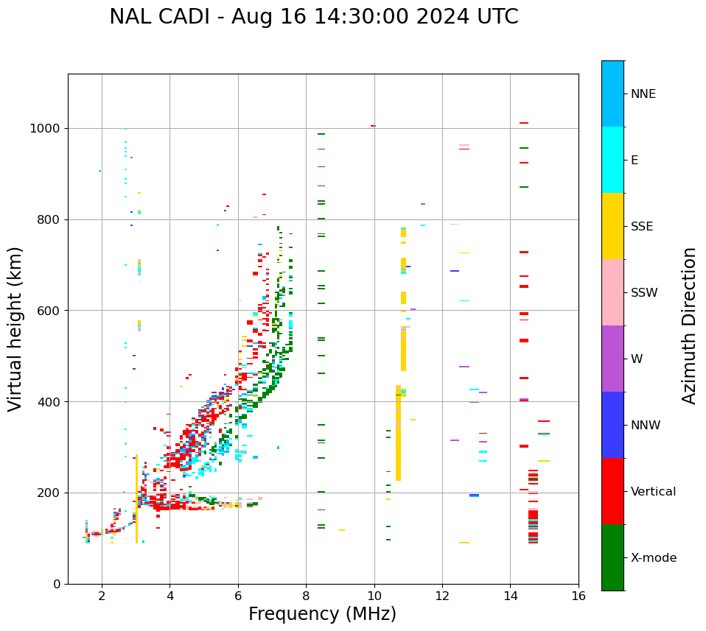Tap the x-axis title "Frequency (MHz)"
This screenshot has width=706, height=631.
tap(322, 614)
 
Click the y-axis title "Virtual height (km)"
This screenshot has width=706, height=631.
tap(15, 328)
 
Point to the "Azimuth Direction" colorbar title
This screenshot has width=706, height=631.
tap(689, 325)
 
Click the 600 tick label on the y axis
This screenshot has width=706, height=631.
tap(49, 311)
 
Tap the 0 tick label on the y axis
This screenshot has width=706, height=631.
tap(56, 584)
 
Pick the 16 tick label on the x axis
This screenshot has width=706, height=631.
tap(579, 596)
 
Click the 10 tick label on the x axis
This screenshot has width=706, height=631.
tap(374, 596)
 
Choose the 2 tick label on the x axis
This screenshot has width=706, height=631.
tap(102, 596)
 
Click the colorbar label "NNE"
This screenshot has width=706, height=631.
tap(643, 94)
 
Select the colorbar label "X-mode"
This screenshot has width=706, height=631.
tap(653, 558)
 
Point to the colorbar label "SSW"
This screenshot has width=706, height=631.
tap(644, 293)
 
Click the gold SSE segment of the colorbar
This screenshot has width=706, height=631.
tap(612, 226)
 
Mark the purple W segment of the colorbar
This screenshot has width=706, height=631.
tap(612, 359)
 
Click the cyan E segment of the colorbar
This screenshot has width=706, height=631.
tap(612, 160)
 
